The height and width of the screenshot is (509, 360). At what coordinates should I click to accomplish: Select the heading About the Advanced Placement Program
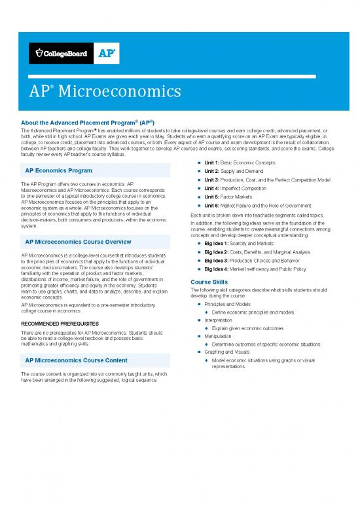(84, 122)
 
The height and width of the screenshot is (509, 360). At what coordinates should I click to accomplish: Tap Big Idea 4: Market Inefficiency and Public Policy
(264, 269)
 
